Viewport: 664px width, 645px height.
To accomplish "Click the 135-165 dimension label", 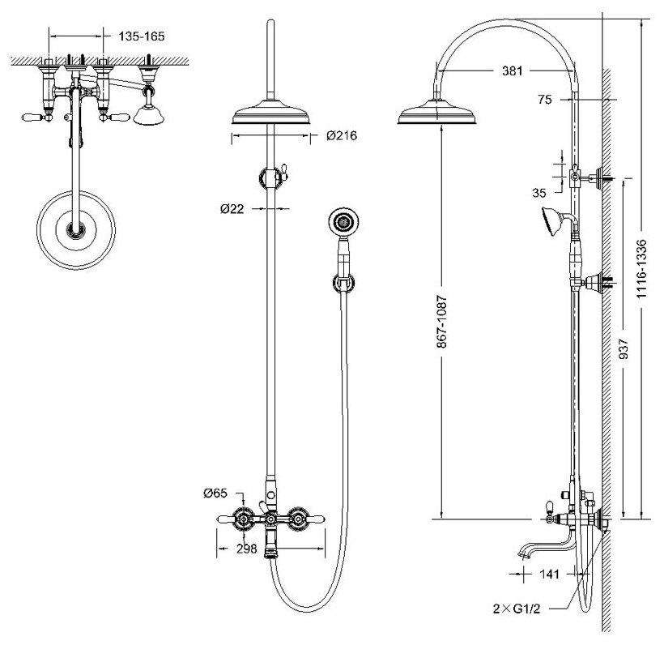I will pos(143,36).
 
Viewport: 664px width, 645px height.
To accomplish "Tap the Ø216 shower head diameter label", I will pos(341,136).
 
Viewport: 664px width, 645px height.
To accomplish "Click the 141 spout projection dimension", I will pos(551,574).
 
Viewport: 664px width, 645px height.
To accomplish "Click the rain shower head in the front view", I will pos(270,116).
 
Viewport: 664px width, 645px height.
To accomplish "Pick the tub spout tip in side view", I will pos(523,555).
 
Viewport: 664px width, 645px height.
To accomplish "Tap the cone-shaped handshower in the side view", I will pos(551,219).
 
